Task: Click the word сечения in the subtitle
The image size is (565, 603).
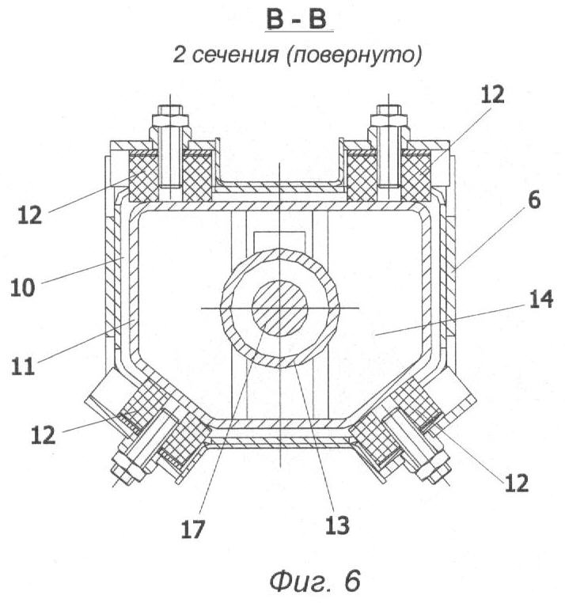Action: [234, 55]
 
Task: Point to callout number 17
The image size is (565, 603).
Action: [193, 529]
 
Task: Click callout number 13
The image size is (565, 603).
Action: [337, 525]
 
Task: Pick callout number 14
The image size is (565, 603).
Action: [541, 299]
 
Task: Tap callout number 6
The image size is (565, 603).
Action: [534, 200]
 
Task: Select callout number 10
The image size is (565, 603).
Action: [23, 287]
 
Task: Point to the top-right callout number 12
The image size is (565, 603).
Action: [493, 94]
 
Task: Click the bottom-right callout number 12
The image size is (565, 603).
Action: [517, 483]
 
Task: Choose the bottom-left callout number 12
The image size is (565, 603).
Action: [43, 435]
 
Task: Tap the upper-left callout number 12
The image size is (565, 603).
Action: [29, 215]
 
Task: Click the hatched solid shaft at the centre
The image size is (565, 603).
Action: [279, 309]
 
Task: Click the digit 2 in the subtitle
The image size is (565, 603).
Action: [180, 55]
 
